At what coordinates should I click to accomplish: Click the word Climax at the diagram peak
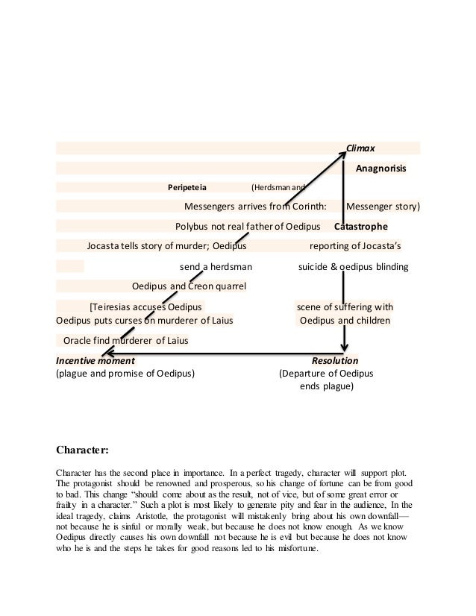(360, 148)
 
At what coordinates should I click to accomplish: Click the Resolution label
(334, 359)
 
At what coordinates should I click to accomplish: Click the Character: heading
(83, 450)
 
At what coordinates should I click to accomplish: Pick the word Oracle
(78, 341)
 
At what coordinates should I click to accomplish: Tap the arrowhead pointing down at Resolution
(345, 347)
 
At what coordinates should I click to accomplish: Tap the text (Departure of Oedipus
(326, 373)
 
